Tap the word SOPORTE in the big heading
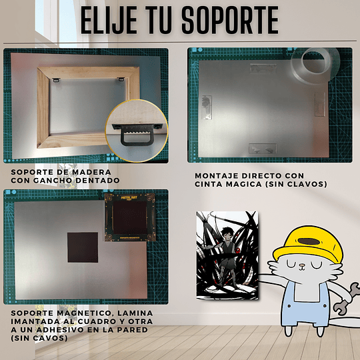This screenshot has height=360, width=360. pos(230,20)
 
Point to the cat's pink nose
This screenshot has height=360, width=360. pos(302,266)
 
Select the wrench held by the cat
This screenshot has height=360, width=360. pos(347,299)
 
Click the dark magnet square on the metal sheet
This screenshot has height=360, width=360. pos(83,247)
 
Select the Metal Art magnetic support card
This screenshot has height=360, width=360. pos(130,217)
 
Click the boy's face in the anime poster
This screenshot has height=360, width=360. pos(227,235)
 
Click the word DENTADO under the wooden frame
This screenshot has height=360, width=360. pos(97,181)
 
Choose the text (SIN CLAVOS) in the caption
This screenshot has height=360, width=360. pos(296,184)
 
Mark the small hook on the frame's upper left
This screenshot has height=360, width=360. pos(56,80)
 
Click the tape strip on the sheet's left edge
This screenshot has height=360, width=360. pos(207,107)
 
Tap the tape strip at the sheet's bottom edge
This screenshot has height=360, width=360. pos(263,149)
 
